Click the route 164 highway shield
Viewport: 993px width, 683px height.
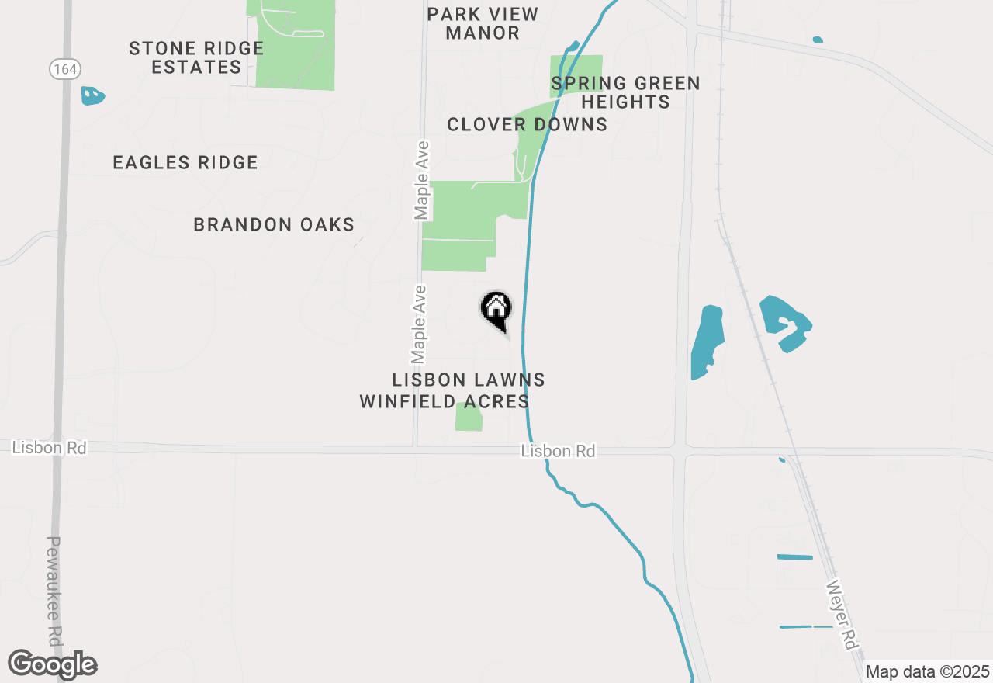pyautogui.click(x=65, y=69)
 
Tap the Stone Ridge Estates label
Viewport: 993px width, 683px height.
pyautogui.click(x=196, y=57)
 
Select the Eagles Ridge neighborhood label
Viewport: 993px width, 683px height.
pyautogui.click(x=185, y=162)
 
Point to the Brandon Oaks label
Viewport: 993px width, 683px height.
pyautogui.click(x=274, y=225)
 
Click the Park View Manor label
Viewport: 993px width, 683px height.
pyautogui.click(x=483, y=23)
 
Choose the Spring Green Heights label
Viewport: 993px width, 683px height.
pyautogui.click(x=625, y=92)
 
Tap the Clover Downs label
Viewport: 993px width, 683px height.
pyautogui.click(x=527, y=124)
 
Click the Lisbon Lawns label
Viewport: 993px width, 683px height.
pyautogui.click(x=469, y=380)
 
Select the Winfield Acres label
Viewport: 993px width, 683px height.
pyautogui.click(x=445, y=401)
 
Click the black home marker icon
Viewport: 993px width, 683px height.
pyautogui.click(x=496, y=309)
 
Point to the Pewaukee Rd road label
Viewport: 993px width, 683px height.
pyautogui.click(x=54, y=591)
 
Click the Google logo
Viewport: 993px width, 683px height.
pyautogui.click(x=53, y=664)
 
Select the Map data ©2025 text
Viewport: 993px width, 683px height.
pyautogui.click(x=927, y=671)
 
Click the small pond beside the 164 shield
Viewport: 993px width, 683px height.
pyautogui.click(x=92, y=96)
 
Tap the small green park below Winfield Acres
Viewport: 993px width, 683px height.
pyautogui.click(x=469, y=418)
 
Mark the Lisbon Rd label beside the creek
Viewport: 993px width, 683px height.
pyautogui.click(x=559, y=451)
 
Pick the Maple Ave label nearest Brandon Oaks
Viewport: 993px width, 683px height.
pyautogui.click(x=421, y=180)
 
